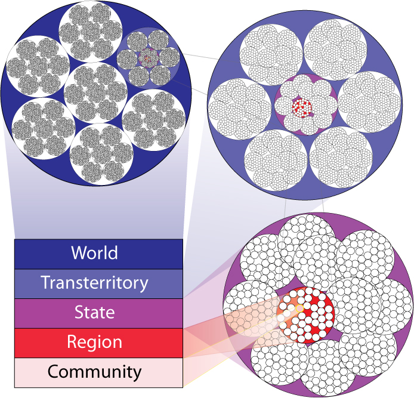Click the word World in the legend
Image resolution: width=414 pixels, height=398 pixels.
[94, 253]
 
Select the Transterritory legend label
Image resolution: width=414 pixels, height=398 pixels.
[94, 283]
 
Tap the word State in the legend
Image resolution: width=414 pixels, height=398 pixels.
[94, 312]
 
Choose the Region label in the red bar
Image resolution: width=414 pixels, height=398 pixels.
[94, 343]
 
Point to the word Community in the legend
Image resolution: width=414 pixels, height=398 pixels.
[94, 372]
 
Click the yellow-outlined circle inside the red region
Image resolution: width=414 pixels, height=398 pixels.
[299, 308]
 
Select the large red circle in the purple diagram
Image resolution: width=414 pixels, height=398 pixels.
[306, 315]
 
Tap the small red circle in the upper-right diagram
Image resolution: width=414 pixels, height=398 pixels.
[302, 108]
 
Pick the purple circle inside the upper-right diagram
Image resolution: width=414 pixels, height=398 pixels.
[306, 105]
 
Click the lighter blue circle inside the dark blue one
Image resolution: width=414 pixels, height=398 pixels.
[149, 57]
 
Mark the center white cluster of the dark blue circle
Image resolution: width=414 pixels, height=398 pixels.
[96, 94]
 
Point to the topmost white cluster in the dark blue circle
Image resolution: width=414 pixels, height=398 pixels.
[91, 32]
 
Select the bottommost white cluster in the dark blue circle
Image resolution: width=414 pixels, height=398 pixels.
[101, 154]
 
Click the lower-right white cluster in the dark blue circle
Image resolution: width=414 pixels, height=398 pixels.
[154, 120]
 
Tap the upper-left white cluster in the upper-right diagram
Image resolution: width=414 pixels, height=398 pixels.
[271, 55]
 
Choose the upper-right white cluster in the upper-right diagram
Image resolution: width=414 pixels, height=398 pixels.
[335, 50]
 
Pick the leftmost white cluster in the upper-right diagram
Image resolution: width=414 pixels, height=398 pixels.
[239, 109]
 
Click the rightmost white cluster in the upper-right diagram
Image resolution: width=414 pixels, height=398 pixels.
[370, 102]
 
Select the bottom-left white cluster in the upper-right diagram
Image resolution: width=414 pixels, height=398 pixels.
[276, 160]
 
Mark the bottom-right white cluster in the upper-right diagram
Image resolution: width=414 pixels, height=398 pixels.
[341, 158]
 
